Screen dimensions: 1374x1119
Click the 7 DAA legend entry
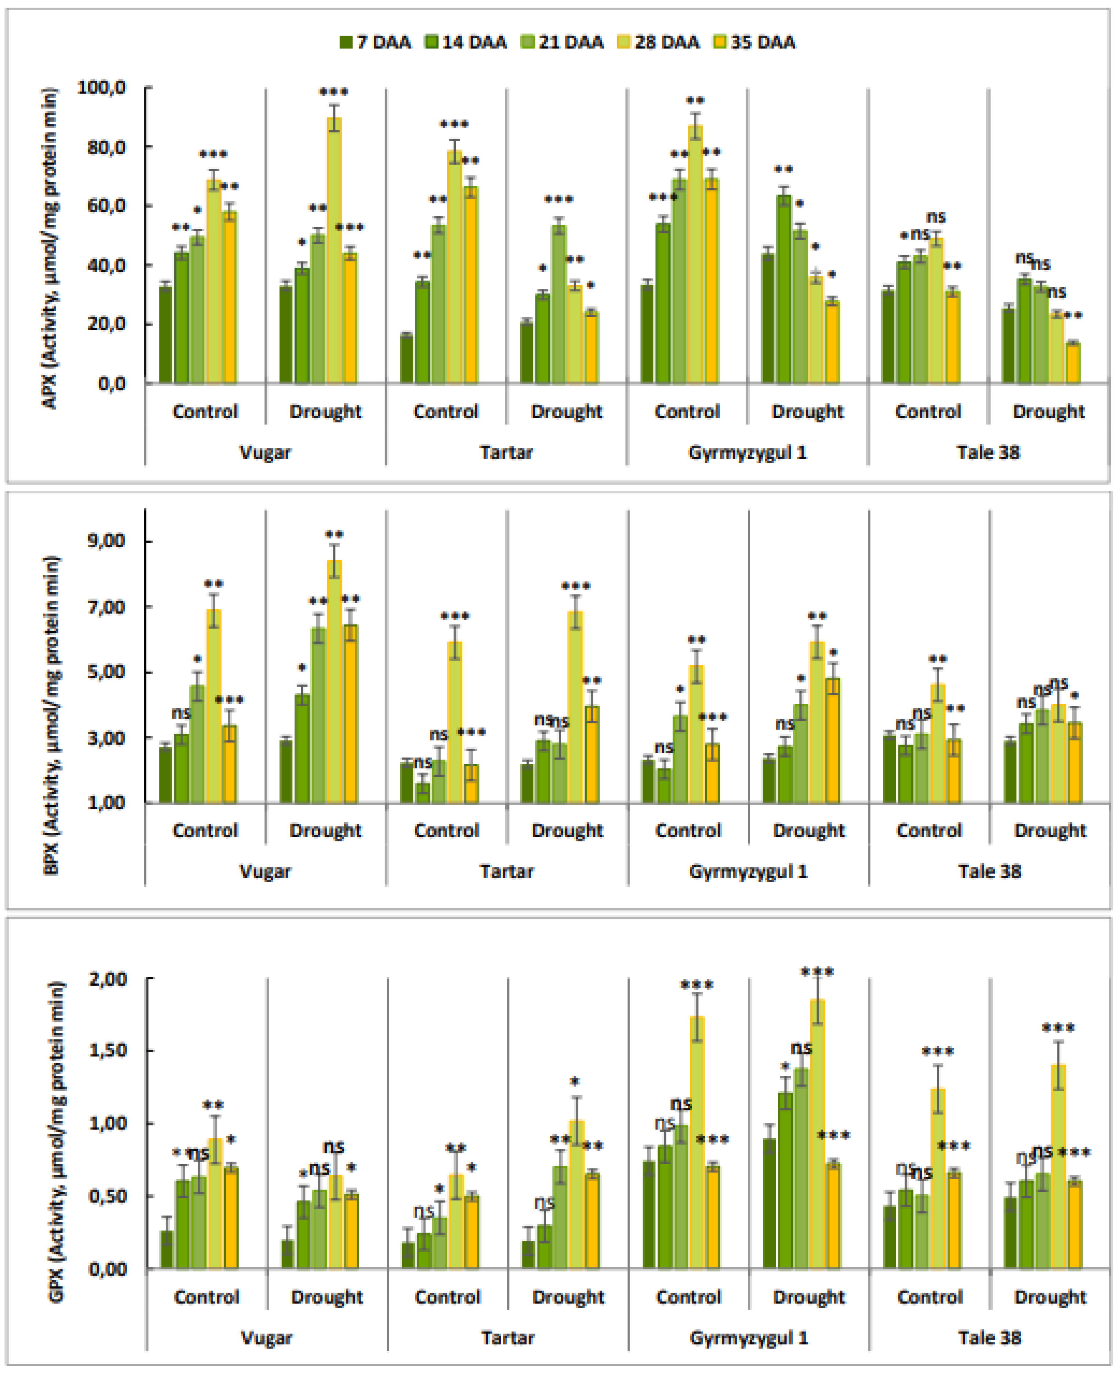coord(376,43)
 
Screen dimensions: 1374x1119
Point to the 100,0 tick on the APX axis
coord(102,87)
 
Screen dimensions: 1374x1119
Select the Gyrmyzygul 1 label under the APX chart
coord(747,452)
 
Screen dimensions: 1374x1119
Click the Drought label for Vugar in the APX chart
coord(325,411)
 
